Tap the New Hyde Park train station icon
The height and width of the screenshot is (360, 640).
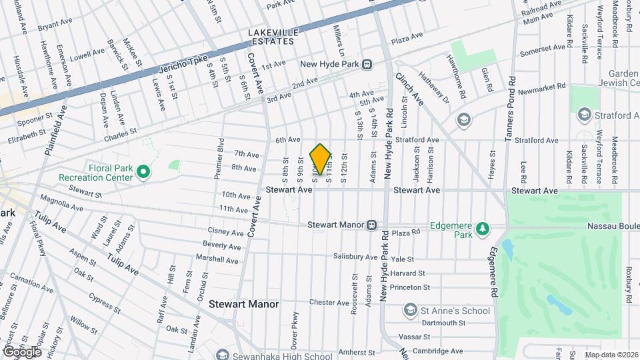click(x=367, y=65)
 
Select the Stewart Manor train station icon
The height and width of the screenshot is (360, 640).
click(x=373, y=225)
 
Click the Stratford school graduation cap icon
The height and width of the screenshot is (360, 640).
click(x=585, y=115)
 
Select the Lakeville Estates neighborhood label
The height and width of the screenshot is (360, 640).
click(x=271, y=37)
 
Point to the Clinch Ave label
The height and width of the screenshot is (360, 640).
click(x=409, y=89)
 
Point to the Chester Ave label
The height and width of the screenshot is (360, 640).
click(x=329, y=302)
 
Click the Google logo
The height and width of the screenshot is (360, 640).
click(x=21, y=351)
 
